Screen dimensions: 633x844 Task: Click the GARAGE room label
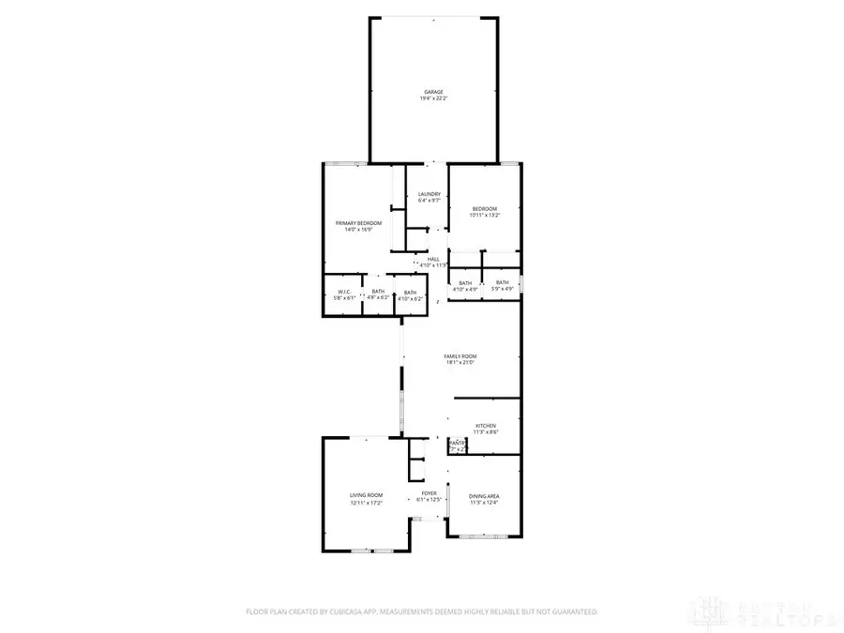click(432, 92)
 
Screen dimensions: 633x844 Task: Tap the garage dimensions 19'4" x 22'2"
click(432, 98)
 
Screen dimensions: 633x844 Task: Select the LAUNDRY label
click(429, 194)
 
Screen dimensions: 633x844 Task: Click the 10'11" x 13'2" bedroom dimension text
click(485, 215)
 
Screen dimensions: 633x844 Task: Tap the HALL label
click(433, 259)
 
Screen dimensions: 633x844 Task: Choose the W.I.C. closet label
click(344, 292)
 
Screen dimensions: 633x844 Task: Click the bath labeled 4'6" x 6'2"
click(378, 295)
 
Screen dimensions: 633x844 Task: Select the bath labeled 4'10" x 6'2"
click(410, 295)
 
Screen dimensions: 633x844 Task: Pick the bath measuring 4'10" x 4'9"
click(465, 285)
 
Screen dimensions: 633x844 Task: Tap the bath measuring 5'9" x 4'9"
click(503, 285)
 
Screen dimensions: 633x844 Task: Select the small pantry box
click(458, 445)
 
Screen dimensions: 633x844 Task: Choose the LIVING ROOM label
click(367, 495)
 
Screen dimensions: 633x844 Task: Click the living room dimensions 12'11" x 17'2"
click(367, 503)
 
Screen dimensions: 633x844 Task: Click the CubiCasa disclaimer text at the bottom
click(421, 611)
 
